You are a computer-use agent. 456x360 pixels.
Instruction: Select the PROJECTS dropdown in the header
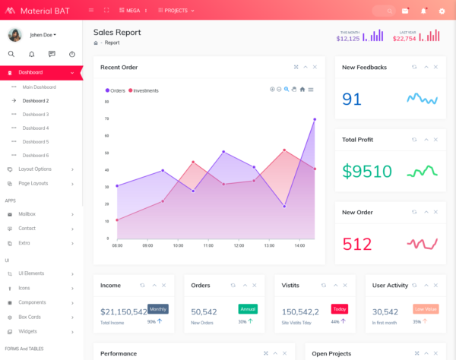176,11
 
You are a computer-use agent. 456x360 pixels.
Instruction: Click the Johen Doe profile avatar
14,35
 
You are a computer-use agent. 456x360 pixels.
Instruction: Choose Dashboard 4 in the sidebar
35,128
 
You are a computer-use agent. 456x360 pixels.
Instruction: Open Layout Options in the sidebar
35,169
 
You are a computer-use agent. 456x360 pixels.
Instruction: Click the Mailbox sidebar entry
27,214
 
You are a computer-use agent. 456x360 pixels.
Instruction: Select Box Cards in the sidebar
30,317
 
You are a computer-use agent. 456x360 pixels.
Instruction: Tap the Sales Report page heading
117,32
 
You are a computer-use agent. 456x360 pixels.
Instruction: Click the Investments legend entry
145,90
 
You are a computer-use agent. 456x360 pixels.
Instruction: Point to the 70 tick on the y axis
106,118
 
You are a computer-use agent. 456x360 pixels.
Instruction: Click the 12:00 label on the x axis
239,245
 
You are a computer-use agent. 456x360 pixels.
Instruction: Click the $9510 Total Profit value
367,171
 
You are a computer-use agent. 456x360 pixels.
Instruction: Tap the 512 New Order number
357,244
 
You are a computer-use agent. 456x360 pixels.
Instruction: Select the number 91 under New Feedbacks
352,99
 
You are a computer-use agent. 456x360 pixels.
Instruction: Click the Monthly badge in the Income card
158,309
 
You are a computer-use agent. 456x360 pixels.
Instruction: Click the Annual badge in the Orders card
248,309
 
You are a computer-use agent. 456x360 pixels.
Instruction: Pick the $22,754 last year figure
404,38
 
